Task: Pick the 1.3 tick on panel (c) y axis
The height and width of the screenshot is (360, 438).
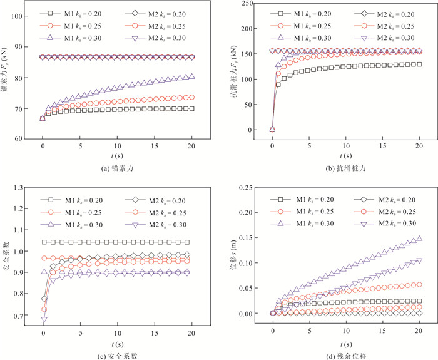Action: tap(28, 187)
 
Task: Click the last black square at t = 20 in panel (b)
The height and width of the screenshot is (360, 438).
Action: tap(419, 64)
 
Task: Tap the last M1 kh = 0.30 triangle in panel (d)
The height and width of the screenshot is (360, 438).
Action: tap(419, 239)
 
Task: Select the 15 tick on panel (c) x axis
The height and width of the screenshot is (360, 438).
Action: tap(155, 331)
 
